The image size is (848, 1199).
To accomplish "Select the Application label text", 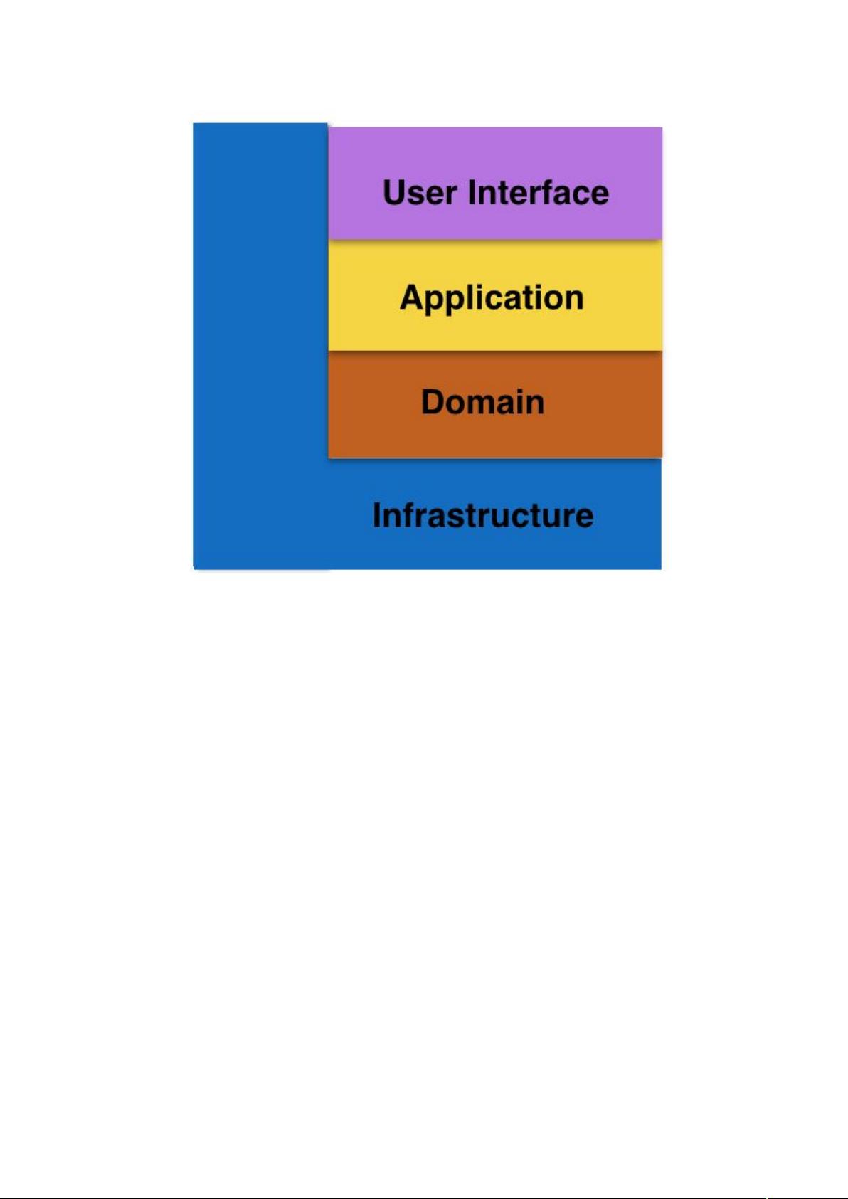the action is click(x=492, y=299).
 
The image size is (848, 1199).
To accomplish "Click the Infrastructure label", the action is click(x=483, y=515).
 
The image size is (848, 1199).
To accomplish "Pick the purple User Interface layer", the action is click(x=495, y=183).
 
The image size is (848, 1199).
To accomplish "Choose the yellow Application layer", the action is click(x=495, y=295).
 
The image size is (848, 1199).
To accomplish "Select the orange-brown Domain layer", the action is click(x=495, y=404).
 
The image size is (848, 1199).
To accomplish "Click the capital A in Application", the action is click(x=413, y=297).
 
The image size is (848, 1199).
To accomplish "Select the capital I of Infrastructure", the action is click(x=376, y=515).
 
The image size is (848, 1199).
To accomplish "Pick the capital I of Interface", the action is click(x=472, y=192).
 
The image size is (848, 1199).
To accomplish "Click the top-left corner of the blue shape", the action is click(x=193, y=123).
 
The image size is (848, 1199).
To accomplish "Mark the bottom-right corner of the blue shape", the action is click(x=662, y=569).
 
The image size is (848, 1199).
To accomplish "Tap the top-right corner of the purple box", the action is click(x=662, y=127).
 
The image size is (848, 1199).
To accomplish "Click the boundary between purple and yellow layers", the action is click(x=495, y=239).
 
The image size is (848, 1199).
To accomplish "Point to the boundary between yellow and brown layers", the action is click(x=495, y=351).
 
